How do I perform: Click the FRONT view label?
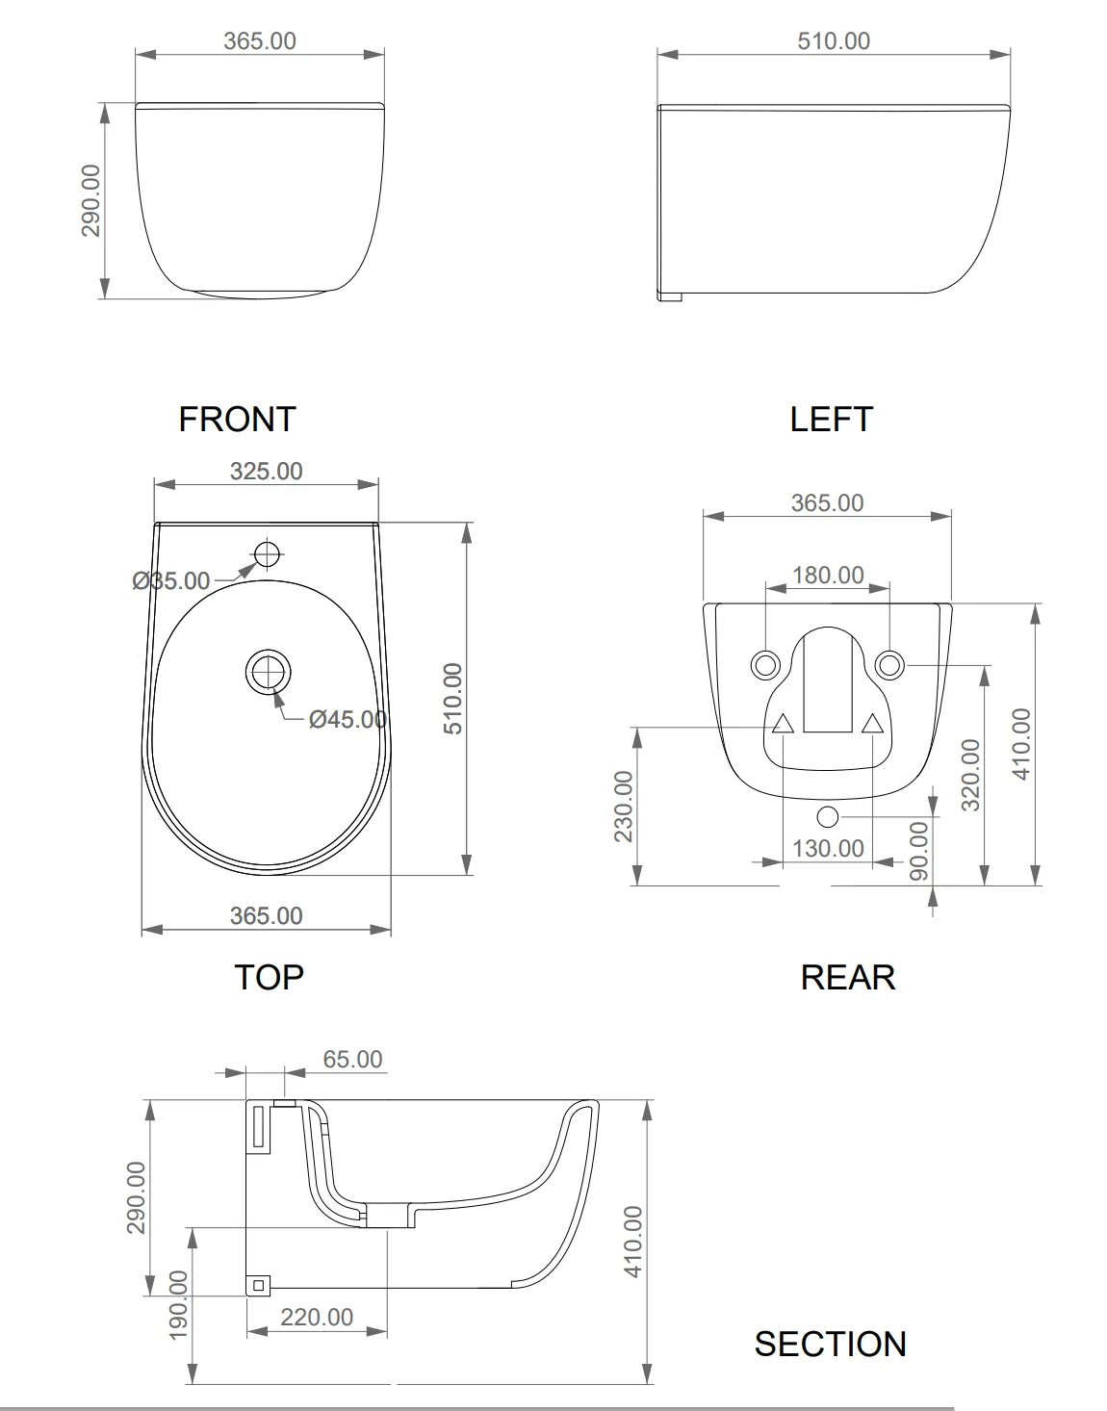(x=237, y=419)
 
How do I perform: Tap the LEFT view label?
(x=831, y=419)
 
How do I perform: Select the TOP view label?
(x=269, y=977)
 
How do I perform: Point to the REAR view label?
(x=848, y=977)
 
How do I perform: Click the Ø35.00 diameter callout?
(x=171, y=580)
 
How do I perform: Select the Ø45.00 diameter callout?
(x=348, y=719)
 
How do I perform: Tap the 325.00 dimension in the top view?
(x=267, y=472)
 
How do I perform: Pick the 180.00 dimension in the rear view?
(x=828, y=576)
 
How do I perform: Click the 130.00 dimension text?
(x=828, y=849)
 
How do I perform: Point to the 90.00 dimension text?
(x=918, y=851)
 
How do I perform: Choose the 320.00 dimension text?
(x=970, y=776)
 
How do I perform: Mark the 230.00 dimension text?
(x=624, y=807)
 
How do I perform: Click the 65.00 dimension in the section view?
(x=352, y=1059)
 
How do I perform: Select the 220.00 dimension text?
(x=317, y=1317)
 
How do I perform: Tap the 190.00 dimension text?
(x=178, y=1304)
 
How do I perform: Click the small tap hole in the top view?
(x=267, y=553)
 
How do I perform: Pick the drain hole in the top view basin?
(x=268, y=672)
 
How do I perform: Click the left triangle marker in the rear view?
(x=783, y=724)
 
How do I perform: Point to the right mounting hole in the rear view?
(x=889, y=665)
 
